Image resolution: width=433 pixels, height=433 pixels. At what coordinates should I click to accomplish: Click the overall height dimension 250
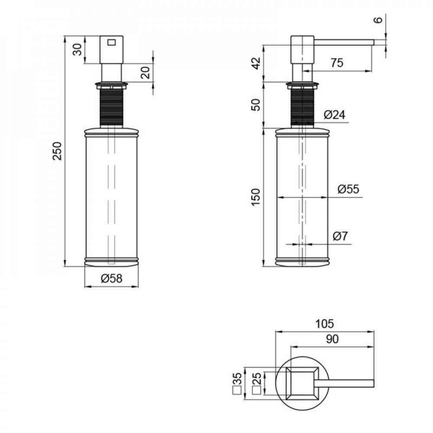pyautogui.click(x=58, y=151)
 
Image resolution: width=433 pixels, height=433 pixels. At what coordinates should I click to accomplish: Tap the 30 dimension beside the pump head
pyautogui.click(x=78, y=49)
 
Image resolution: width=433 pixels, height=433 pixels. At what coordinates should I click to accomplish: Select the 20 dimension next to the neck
pyautogui.click(x=145, y=72)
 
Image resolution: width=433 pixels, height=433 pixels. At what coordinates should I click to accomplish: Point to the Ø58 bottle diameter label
pyautogui.click(x=111, y=278)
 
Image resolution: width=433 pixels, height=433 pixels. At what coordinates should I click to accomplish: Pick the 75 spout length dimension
pyautogui.click(x=337, y=63)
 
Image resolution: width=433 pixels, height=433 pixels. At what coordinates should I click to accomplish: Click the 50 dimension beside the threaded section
pyautogui.click(x=256, y=105)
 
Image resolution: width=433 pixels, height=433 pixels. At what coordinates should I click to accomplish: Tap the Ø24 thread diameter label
pyautogui.click(x=334, y=114)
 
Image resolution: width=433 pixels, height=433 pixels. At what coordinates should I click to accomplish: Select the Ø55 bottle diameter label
pyautogui.click(x=348, y=189)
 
